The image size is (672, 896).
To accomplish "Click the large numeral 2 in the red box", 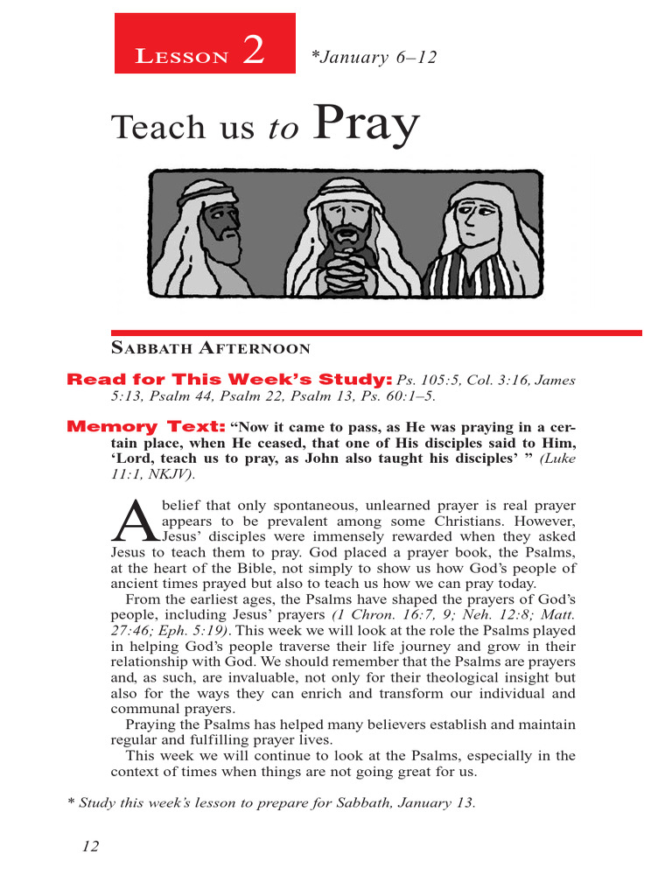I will (x=253, y=52).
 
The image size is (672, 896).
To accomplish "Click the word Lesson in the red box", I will (x=182, y=58).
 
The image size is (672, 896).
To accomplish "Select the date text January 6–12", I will (x=374, y=58).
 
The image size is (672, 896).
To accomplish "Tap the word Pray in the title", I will (x=366, y=125).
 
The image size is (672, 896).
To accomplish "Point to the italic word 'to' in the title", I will (x=283, y=129).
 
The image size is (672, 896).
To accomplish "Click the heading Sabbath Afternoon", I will (x=210, y=349).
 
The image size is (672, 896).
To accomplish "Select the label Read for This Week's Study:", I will (x=229, y=380).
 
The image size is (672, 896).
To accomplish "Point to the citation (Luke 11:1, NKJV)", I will (x=341, y=466).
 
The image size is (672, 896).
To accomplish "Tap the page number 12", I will (x=90, y=846).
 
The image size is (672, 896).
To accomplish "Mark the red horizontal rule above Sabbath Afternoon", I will (x=376, y=332).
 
